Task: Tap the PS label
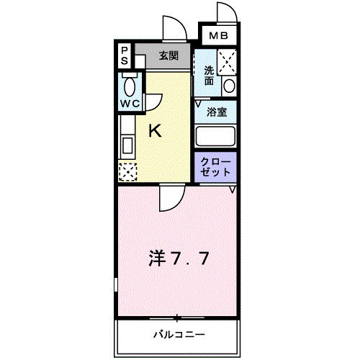(x=125, y=55)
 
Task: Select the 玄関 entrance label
(x=168, y=55)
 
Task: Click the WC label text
(x=130, y=103)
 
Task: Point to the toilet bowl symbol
(x=130, y=86)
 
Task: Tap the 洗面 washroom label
(x=209, y=75)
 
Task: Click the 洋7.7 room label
(x=180, y=257)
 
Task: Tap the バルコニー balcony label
(x=179, y=334)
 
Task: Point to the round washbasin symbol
(x=228, y=85)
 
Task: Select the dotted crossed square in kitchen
(x=127, y=172)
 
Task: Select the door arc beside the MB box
(x=224, y=13)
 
